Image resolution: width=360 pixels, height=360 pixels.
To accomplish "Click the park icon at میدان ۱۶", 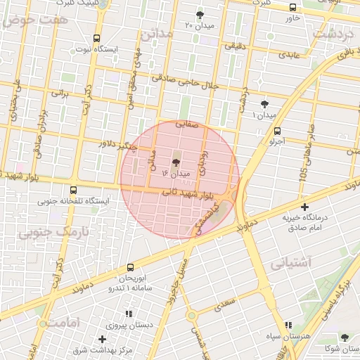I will pyautogui.click(x=175, y=161).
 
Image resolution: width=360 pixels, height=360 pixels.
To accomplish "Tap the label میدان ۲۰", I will pyautogui.click(x=199, y=25).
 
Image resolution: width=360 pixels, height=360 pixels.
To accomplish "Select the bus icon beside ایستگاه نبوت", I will pyautogui.click(x=96, y=39).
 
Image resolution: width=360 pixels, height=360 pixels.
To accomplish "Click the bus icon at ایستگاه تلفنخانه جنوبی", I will pyautogui.click(x=74, y=190).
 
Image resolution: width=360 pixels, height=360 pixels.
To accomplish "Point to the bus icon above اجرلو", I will pyautogui.click(x=277, y=130).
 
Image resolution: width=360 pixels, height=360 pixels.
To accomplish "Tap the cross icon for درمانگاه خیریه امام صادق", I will pyautogui.click(x=304, y=207).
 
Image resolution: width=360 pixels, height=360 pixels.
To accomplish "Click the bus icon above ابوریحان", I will pyautogui.click(x=130, y=267).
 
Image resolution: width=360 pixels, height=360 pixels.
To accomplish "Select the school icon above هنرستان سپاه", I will pyautogui.click(x=288, y=326).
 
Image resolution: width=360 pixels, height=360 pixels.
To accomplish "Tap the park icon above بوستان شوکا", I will pyautogui.click(x=344, y=337).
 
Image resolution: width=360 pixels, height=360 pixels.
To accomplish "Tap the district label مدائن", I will pyautogui.click(x=155, y=33).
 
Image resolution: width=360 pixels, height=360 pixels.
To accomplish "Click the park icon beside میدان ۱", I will pyautogui.click(x=264, y=103).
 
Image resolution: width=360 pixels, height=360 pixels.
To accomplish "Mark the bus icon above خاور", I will pyautogui.click(x=292, y=7).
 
